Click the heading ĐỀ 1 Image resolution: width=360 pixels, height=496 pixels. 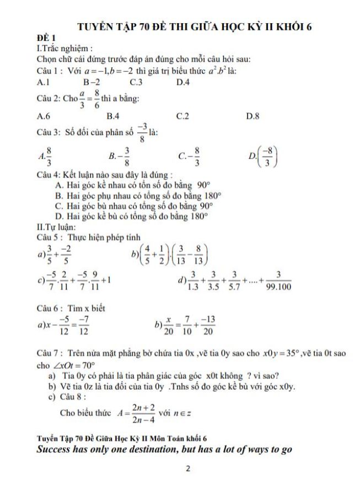pyautogui.click(x=45, y=38)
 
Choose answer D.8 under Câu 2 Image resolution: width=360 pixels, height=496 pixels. pyautogui.click(x=254, y=116)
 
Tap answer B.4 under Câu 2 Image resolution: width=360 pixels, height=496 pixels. pyautogui.click(x=112, y=116)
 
